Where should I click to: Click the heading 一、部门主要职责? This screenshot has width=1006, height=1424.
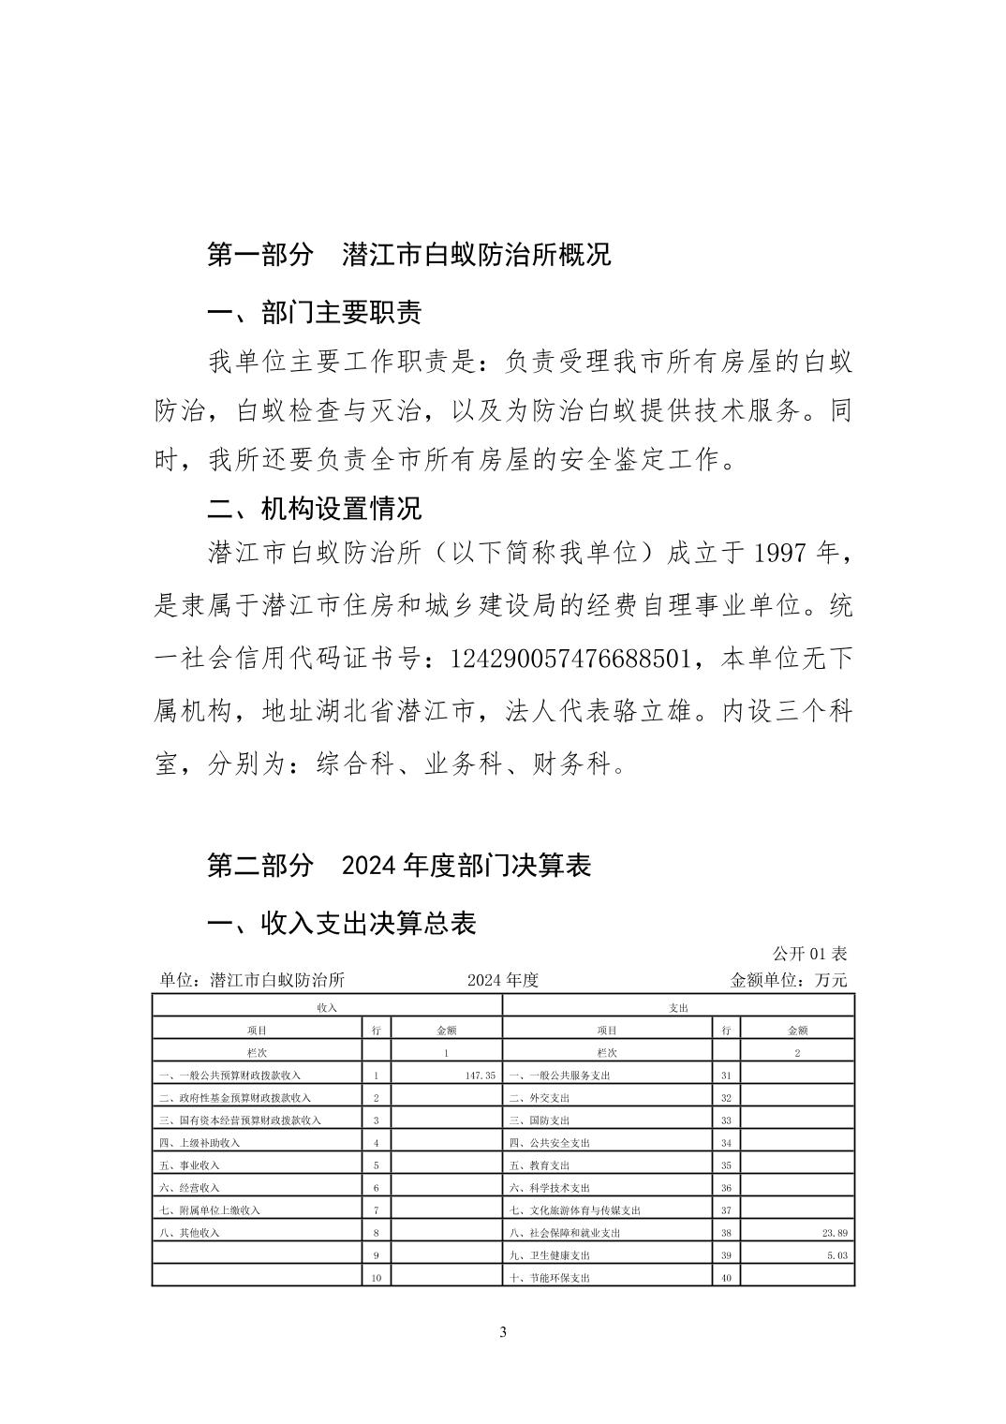tap(314, 312)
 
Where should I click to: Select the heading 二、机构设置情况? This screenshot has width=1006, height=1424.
tap(314, 508)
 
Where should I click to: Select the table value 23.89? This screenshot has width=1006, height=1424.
tap(832, 1233)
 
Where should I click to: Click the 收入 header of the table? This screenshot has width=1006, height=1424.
tap(327, 1007)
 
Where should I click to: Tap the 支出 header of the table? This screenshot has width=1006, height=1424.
tap(679, 1007)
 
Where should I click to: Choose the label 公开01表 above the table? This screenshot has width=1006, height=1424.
tap(809, 954)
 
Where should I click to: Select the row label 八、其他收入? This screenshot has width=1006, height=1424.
tap(189, 1233)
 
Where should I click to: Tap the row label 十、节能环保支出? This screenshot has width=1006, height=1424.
tap(550, 1278)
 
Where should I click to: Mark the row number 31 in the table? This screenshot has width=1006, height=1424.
tap(726, 1075)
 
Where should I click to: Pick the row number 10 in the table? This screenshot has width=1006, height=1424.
tap(376, 1278)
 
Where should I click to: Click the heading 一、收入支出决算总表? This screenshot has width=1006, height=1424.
tap(342, 924)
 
